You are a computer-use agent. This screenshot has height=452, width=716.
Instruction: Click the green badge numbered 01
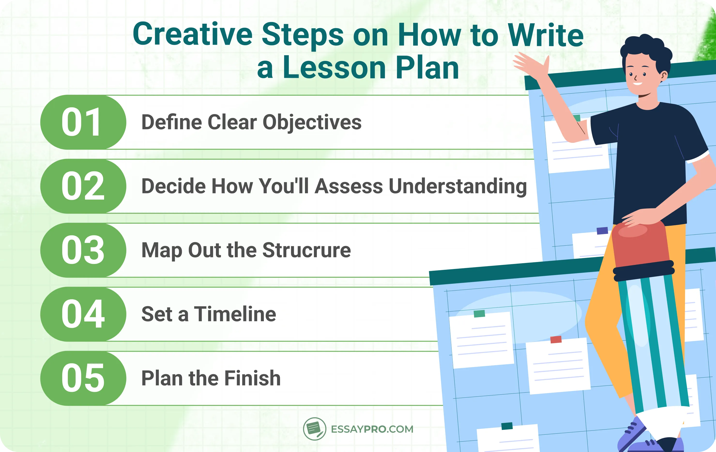[x=83, y=122]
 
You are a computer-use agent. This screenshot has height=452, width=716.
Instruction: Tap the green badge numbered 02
[x=83, y=186]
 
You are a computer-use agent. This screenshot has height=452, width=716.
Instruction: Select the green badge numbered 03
[x=83, y=250]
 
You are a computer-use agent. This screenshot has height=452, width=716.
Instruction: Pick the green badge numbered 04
[x=83, y=314]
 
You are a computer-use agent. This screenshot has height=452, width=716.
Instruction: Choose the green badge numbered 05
[x=83, y=378]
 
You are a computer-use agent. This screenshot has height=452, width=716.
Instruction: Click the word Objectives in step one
[x=312, y=122]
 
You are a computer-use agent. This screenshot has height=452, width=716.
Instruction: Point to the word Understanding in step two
[x=458, y=187]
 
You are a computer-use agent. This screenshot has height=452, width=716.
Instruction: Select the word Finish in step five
[x=252, y=378]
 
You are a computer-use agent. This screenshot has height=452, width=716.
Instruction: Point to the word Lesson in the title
[x=334, y=68]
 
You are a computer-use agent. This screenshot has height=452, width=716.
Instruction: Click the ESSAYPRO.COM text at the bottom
[x=372, y=429]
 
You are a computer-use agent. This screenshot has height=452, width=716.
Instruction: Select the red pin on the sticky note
[x=556, y=339]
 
